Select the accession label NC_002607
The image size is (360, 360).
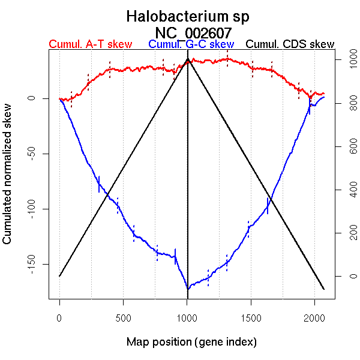[193, 32]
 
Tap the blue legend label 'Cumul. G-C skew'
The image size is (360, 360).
[191, 45]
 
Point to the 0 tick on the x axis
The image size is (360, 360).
[59, 317]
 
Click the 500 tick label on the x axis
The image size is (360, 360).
[124, 317]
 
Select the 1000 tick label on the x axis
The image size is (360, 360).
[187, 317]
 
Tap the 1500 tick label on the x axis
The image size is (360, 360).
[251, 317]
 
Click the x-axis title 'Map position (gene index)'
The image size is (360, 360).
[191, 342]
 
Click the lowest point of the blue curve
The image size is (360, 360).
[188, 289]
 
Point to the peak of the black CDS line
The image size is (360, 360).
[188, 59]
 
